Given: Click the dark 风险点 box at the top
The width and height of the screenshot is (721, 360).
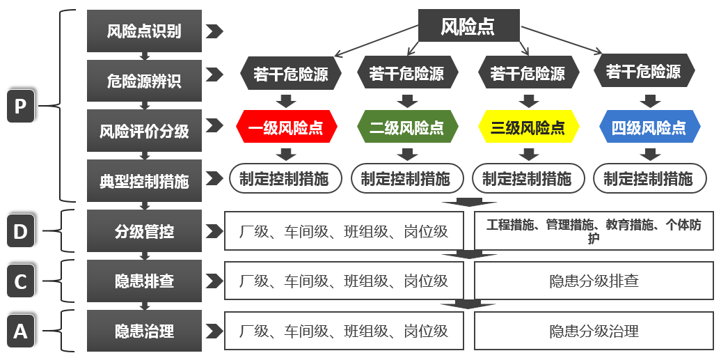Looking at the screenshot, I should click(x=468, y=26).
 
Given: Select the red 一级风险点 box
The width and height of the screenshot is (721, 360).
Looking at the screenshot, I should click(x=286, y=127).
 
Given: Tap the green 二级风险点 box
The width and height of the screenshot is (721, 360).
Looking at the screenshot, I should click(x=406, y=127).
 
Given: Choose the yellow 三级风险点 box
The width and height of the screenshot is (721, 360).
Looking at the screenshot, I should click(x=528, y=127).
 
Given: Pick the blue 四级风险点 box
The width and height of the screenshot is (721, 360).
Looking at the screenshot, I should click(x=649, y=127).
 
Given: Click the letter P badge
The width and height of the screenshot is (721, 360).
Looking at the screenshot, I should click(x=20, y=107).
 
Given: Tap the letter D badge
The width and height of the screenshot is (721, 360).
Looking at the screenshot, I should click(x=20, y=231).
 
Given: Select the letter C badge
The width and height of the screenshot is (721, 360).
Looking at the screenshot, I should click(x=20, y=281).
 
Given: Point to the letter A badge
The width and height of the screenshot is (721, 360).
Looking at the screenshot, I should click(x=20, y=331).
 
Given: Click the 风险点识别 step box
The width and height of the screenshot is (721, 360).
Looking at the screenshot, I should click(x=144, y=31).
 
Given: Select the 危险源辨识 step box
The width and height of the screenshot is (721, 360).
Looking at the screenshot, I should click(x=144, y=81).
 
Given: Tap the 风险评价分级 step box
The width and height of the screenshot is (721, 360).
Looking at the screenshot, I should click(x=144, y=131).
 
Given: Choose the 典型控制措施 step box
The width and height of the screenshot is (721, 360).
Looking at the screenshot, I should click(x=144, y=181).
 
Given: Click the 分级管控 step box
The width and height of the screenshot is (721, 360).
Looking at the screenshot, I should click(x=144, y=231).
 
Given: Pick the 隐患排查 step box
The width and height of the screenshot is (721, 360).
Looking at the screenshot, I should click(x=144, y=281).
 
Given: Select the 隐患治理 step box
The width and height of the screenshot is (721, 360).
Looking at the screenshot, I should click(x=144, y=331).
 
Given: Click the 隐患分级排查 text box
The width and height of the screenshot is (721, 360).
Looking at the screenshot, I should click(x=594, y=281).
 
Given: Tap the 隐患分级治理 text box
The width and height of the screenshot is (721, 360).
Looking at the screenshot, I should click(x=594, y=331).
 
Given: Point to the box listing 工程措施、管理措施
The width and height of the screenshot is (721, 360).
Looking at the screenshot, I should click(x=594, y=231).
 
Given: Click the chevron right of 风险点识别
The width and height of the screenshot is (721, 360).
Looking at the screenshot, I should click(x=214, y=31).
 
